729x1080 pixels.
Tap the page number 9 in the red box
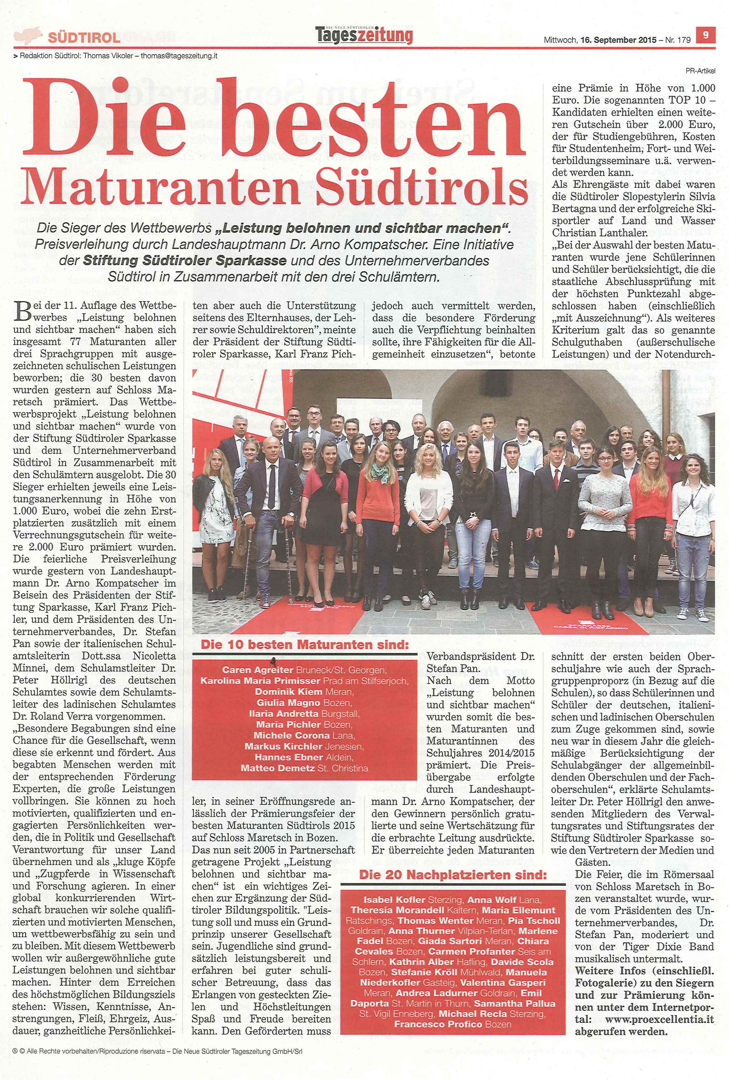pyautogui.click(x=705, y=35)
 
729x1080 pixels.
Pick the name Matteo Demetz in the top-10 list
pyautogui.click(x=277, y=768)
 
